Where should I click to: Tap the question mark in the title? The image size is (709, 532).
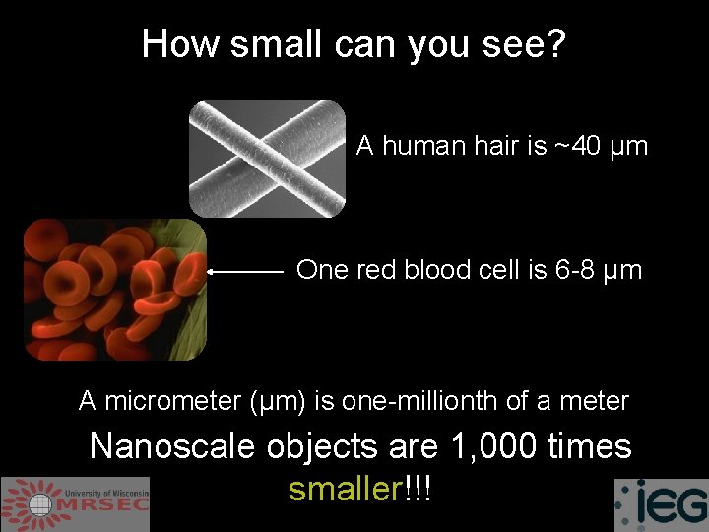[556, 43]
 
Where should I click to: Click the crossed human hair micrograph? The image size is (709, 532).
[268, 158]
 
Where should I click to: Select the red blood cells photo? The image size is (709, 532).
[115, 289]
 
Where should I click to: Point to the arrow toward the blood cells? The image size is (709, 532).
[246, 269]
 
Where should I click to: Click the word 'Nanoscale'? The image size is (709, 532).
[173, 446]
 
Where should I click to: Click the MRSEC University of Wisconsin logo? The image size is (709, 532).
[75, 503]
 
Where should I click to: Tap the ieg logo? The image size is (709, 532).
[661, 504]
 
